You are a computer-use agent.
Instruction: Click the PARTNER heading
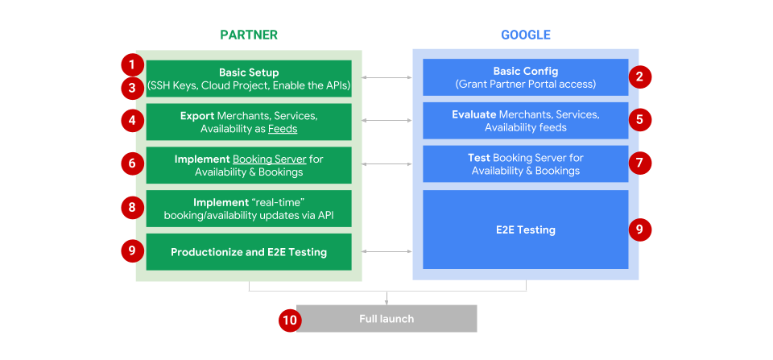[249, 35]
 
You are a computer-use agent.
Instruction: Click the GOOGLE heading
[525, 35]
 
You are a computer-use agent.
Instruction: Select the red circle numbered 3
[131, 87]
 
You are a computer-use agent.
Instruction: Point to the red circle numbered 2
[639, 77]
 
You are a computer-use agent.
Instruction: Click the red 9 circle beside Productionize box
[131, 251]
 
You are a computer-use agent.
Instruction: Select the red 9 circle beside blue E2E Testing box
[639, 230]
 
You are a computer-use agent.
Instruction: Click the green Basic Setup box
[249, 78]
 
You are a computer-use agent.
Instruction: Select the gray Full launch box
[386, 319]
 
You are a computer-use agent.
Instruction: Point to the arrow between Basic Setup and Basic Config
[387, 78]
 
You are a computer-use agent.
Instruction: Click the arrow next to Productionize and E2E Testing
[387, 252]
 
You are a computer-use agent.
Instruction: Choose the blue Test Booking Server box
[525, 164]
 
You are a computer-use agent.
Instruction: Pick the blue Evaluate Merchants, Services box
[525, 121]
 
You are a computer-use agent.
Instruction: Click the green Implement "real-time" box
[249, 209]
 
